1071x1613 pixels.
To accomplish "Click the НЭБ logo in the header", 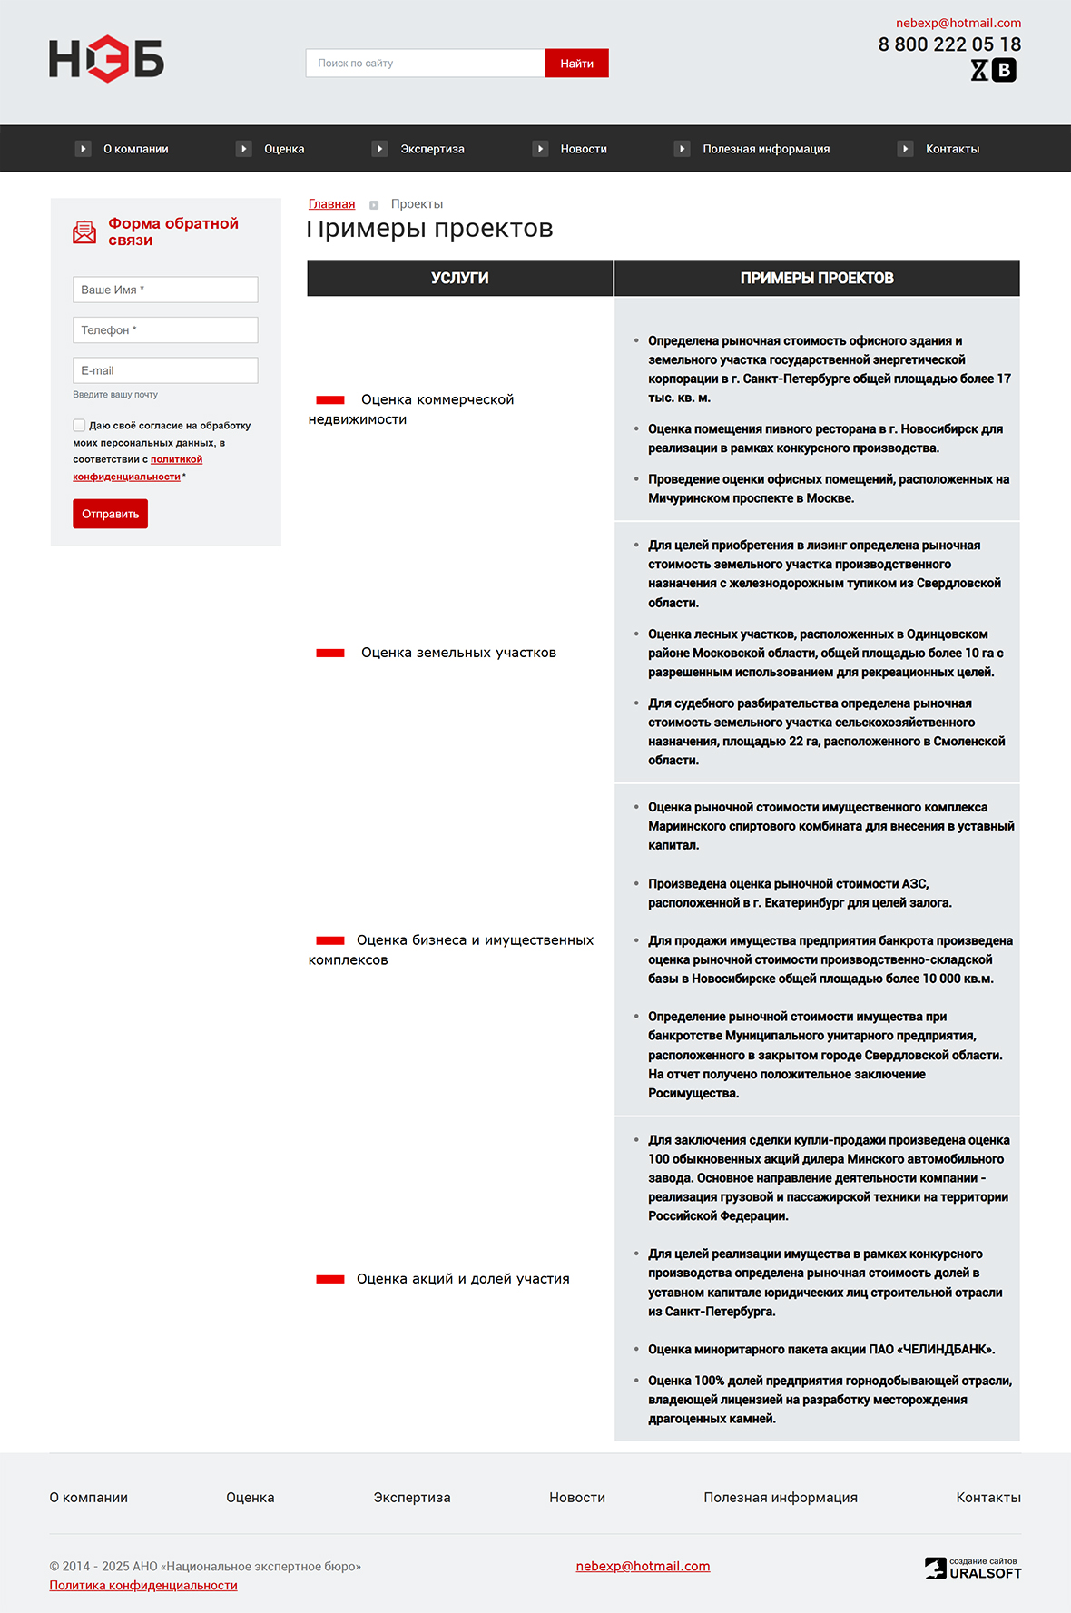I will [106, 59].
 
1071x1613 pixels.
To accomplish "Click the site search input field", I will [425, 64].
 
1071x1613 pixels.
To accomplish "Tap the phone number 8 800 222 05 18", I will [948, 44].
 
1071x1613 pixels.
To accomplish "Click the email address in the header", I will [958, 24].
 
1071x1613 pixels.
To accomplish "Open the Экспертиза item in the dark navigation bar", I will [432, 149].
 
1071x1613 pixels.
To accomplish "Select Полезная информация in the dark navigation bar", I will [765, 149].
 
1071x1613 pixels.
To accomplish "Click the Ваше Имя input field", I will [165, 290].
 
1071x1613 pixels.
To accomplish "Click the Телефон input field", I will [165, 330].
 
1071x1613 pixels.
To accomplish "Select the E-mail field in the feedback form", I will [165, 370].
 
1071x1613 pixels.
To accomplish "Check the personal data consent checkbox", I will [79, 425].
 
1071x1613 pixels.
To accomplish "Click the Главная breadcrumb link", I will [331, 204].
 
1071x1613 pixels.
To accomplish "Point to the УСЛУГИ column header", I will [459, 278].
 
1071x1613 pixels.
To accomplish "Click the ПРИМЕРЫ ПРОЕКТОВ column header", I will [817, 278].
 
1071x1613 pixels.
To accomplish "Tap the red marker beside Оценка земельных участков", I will [330, 653].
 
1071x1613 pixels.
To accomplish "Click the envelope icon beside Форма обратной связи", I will [84, 231].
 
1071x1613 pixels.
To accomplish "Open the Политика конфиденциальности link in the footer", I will [143, 1585].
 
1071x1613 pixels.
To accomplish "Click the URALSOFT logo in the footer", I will [973, 1569].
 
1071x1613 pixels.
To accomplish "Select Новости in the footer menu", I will [576, 1498].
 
